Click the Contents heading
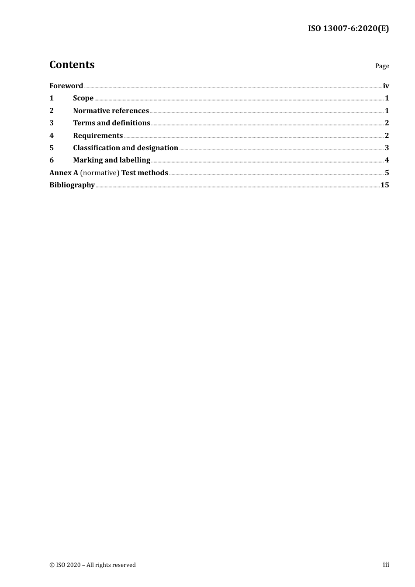[x=72, y=65]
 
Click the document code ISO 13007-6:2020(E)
[x=348, y=28]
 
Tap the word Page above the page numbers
[x=382, y=66]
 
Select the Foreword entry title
[x=66, y=86]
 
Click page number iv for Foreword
[x=386, y=86]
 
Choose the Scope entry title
[x=83, y=98]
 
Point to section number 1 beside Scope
[x=52, y=98]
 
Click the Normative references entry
[x=111, y=110]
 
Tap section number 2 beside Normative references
[x=52, y=110]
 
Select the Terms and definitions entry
[x=111, y=123]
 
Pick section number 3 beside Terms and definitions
[x=52, y=123]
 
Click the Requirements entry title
[x=98, y=135]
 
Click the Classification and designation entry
[x=125, y=148]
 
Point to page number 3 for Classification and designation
[x=387, y=148]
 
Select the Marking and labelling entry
[x=111, y=160]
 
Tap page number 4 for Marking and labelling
[x=387, y=160]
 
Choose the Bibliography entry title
[x=72, y=185]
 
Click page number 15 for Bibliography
[x=384, y=185]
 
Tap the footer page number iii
[x=386, y=565]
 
